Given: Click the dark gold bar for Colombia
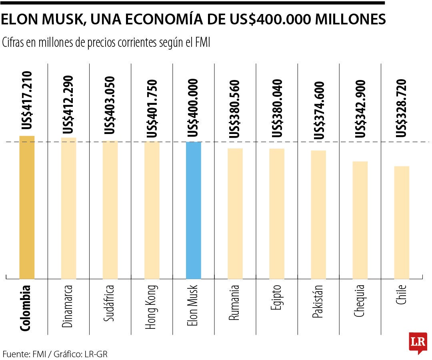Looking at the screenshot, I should pyautogui.click(x=27, y=207).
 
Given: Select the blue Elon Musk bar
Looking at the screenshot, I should pyautogui.click(x=194, y=210).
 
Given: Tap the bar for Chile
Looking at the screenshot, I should pyautogui.click(x=402, y=222).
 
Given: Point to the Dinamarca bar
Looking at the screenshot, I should pyautogui.click(x=68, y=208).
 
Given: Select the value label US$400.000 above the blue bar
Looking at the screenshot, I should pyautogui.click(x=194, y=108).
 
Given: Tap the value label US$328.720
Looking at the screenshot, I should pyautogui.click(x=402, y=108).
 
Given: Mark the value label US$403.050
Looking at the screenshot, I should pyautogui.click(x=110, y=105).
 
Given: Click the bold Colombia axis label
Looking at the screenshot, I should pyautogui.click(x=26, y=308).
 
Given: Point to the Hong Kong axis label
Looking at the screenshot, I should pyautogui.click(x=151, y=307).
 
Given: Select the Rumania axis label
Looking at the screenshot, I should pyautogui.click(x=234, y=303).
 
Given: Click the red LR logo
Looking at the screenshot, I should pyautogui.click(x=418, y=343).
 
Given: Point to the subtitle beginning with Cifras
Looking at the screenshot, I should pyautogui.click(x=106, y=42).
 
